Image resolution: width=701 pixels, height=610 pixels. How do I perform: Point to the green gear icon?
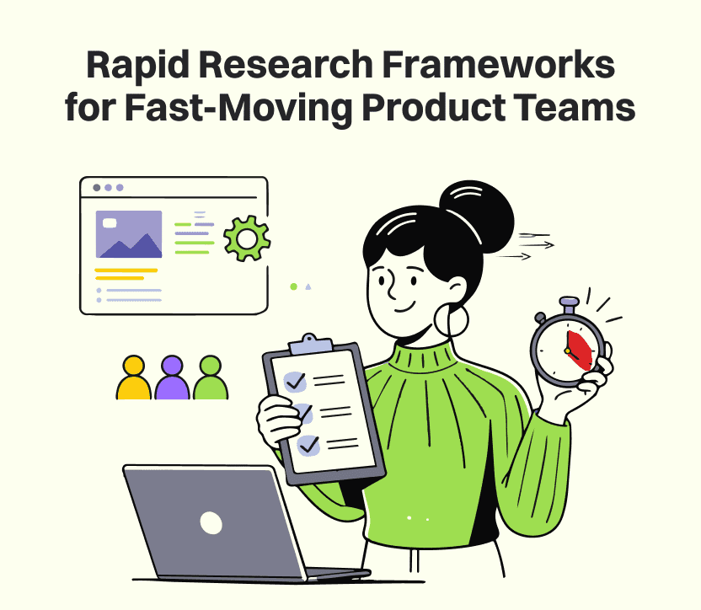[246, 239]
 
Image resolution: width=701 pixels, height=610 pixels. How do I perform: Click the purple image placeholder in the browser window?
[129, 233]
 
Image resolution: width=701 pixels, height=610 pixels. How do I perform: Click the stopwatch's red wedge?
[578, 349]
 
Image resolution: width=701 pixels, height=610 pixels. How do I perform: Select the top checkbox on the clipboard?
[295, 381]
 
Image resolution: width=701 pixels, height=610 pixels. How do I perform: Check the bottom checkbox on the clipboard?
[308, 443]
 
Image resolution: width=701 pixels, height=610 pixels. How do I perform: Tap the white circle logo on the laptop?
[211, 522]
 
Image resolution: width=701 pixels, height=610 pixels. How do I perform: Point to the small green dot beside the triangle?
[293, 286]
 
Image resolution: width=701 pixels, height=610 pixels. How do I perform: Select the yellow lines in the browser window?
[126, 274]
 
